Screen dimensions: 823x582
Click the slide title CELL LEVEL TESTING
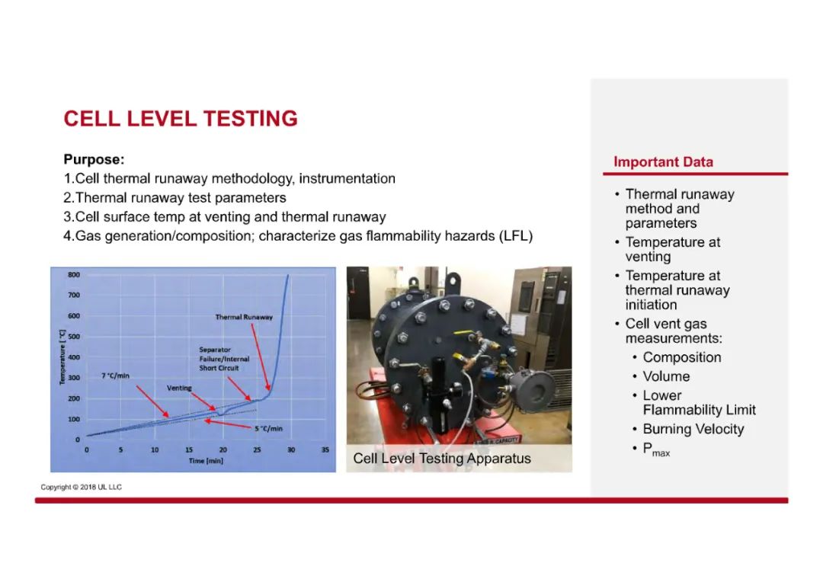(x=181, y=119)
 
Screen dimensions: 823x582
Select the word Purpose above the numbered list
(x=94, y=159)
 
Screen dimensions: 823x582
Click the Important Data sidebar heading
(x=663, y=161)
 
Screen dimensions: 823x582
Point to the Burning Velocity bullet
(x=693, y=429)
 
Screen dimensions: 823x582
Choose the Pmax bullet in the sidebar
(x=656, y=449)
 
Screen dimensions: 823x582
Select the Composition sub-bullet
(x=682, y=357)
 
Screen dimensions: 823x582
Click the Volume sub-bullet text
(x=666, y=376)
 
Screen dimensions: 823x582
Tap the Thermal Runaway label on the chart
(x=244, y=317)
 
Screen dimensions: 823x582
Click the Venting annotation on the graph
(x=179, y=388)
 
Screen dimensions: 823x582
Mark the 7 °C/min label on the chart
(x=116, y=376)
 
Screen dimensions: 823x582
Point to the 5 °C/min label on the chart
(x=269, y=428)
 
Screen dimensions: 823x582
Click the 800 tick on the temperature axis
(x=74, y=274)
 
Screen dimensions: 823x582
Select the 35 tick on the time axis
(x=325, y=449)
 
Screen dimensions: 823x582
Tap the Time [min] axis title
(x=206, y=461)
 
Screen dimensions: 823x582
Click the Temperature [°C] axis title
(x=62, y=357)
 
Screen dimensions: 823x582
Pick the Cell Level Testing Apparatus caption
(x=442, y=458)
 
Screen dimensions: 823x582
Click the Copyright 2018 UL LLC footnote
(x=82, y=487)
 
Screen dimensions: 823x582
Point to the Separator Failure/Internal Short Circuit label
(x=224, y=359)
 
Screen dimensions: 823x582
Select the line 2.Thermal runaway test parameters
(x=175, y=198)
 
